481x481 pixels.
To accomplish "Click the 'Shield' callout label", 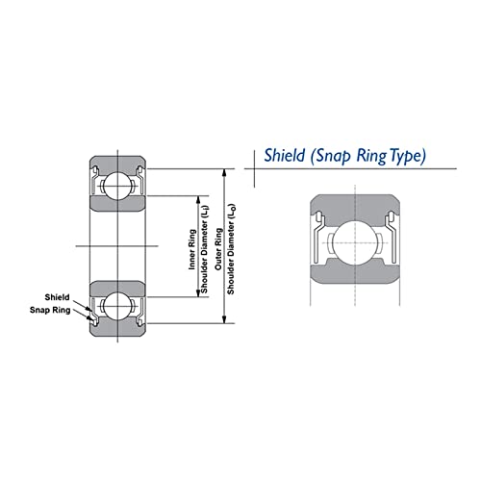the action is tap(57, 297).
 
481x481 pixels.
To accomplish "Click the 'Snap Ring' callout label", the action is tap(50, 310).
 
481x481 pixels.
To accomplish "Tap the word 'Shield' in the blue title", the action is tap(284, 155).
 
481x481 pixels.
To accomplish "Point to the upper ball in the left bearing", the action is tap(118, 186).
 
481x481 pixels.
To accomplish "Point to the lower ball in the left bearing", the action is tap(118, 306).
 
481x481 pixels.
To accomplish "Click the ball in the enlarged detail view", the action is tap(355, 242).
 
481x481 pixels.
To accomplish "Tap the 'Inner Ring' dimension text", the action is tap(191, 249).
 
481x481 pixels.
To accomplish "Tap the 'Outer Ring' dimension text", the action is tap(218, 248).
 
